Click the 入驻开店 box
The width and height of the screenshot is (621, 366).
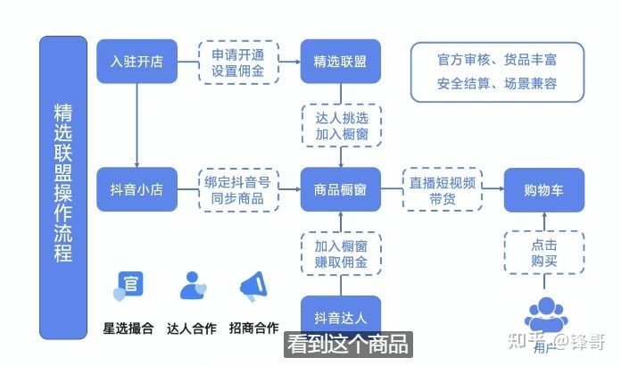pos(136,62)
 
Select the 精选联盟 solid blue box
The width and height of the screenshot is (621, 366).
pos(340,62)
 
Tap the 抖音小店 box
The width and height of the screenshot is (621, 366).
pos(136,189)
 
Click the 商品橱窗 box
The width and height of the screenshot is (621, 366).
pos(340,189)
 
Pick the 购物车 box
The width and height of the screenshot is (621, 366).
pos(544,189)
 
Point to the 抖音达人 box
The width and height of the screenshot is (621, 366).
pos(340,316)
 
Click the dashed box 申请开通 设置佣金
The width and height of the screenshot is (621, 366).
pos(237,62)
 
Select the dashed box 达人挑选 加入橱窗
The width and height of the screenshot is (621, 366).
pos(340,126)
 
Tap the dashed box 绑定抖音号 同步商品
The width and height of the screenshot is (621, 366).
pos(237,189)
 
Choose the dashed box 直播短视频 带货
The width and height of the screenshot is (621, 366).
pos(443,189)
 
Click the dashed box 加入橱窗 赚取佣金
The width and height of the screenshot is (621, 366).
pos(340,254)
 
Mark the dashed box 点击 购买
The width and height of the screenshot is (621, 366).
pos(544,253)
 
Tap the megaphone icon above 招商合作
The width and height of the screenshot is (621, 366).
pos(252,287)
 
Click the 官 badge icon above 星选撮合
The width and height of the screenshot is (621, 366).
pos(128,286)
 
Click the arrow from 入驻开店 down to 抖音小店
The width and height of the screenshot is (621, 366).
pos(136,125)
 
